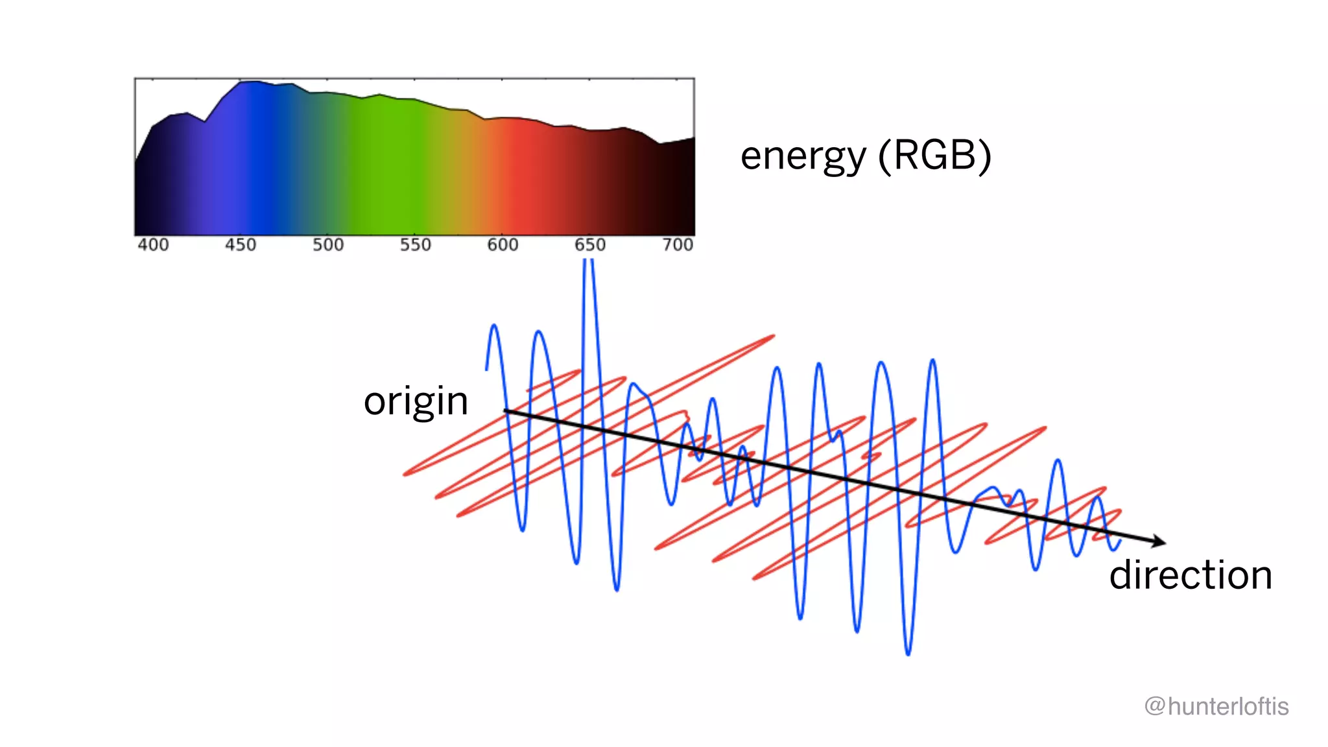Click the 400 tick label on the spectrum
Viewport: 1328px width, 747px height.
pyautogui.click(x=153, y=245)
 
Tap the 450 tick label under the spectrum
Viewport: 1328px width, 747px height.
pyautogui.click(x=241, y=245)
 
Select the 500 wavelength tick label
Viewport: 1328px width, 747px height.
pyautogui.click(x=328, y=245)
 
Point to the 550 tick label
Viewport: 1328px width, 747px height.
pyautogui.click(x=416, y=245)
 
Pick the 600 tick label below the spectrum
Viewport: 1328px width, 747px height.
pyautogui.click(x=503, y=245)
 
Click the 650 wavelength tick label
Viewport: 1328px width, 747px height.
pyautogui.click(x=590, y=245)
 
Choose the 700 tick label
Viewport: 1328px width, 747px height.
pyautogui.click(x=678, y=245)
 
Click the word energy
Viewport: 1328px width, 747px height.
pyautogui.click(x=803, y=156)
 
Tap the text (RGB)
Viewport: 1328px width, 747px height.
pyautogui.click(x=934, y=156)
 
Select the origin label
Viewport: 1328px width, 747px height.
pyautogui.click(x=416, y=401)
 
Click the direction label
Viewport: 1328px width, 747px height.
pyautogui.click(x=1191, y=575)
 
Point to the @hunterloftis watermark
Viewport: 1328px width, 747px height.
pyautogui.click(x=1216, y=706)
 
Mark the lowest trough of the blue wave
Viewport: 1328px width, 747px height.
pyautogui.click(x=908, y=654)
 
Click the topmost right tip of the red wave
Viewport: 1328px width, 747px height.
pyautogui.click(x=774, y=336)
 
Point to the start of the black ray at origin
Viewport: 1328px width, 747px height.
pyautogui.click(x=506, y=410)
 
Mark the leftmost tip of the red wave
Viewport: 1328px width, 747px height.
pyautogui.click(x=405, y=474)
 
